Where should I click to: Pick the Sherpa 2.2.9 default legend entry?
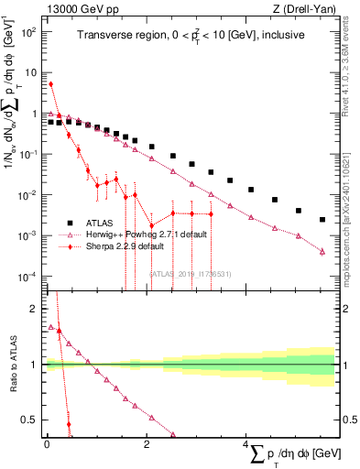click(134, 245)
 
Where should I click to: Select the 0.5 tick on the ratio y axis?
click(32, 420)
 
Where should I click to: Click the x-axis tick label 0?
click(47, 445)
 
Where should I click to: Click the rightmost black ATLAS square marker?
click(322, 220)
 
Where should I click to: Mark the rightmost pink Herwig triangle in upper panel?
click(322, 252)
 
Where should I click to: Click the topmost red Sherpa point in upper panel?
click(50, 84)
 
